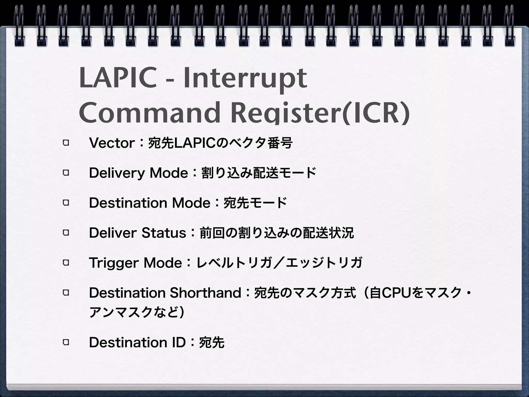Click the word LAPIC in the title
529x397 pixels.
click(118, 78)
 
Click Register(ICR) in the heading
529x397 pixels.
click(320, 114)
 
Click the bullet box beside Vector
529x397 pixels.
click(66, 143)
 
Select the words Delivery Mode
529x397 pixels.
click(138, 173)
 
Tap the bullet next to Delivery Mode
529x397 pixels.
click(66, 173)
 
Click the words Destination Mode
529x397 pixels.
click(150, 203)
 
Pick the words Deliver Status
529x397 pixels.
click(137, 233)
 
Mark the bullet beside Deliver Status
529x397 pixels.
click(66, 233)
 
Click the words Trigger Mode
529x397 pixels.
click(136, 263)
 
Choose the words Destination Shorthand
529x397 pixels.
click(165, 293)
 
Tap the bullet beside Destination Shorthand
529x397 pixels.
click(66, 293)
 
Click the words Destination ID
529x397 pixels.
click(137, 342)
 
